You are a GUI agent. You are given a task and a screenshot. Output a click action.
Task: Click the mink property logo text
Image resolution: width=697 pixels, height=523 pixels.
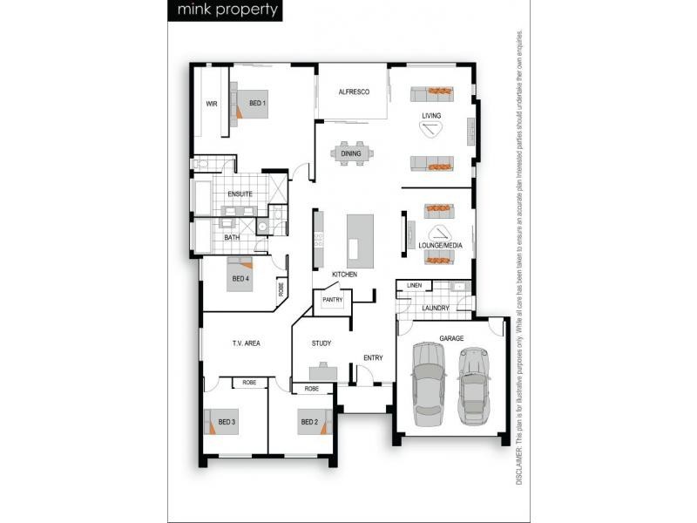click(227, 10)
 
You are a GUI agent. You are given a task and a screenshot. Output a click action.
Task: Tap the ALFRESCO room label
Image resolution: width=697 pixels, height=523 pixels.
click(355, 92)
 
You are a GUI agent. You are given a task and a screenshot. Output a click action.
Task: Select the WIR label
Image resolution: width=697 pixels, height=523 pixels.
click(211, 104)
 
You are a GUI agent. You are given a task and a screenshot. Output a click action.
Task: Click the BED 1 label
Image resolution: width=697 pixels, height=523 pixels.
click(257, 104)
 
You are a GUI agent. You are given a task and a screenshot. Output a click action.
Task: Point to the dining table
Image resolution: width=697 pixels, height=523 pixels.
click(351, 153)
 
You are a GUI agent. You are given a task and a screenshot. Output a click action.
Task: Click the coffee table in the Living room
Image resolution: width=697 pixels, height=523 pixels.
click(432, 129)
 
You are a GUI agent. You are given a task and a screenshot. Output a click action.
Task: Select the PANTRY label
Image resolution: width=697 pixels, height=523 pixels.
click(332, 300)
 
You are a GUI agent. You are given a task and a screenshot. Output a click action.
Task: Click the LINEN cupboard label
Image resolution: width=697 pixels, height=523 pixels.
click(414, 285)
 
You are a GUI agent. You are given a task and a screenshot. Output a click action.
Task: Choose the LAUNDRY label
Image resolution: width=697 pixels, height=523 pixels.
click(435, 308)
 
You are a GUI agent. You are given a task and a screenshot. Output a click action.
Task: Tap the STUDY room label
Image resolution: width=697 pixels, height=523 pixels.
click(321, 343)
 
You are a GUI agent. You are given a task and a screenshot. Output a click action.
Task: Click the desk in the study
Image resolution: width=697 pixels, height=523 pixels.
click(322, 371)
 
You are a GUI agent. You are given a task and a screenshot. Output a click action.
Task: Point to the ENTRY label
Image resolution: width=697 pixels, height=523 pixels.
click(373, 357)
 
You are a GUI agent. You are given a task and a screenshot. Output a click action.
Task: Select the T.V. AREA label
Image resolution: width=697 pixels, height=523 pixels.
click(246, 343)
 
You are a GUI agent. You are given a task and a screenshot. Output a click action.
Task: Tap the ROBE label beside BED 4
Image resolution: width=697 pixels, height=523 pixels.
click(281, 289)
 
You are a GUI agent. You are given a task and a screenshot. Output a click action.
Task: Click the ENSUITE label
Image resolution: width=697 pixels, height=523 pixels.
click(240, 194)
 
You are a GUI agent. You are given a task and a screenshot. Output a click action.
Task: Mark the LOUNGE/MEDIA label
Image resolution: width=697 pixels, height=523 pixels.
click(440, 247)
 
